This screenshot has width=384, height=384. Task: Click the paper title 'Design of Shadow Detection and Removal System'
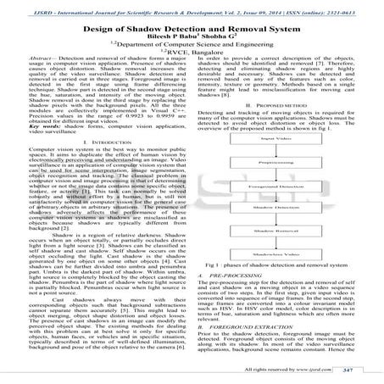click(192, 20)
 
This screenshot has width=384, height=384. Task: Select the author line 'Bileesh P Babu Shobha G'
click(192, 31)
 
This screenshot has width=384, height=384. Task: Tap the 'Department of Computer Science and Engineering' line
click(192, 41)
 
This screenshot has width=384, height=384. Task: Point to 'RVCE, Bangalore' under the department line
click(192, 50)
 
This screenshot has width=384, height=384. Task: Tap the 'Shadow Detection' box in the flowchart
click(289, 228)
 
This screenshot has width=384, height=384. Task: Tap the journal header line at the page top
click(192, 5)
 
